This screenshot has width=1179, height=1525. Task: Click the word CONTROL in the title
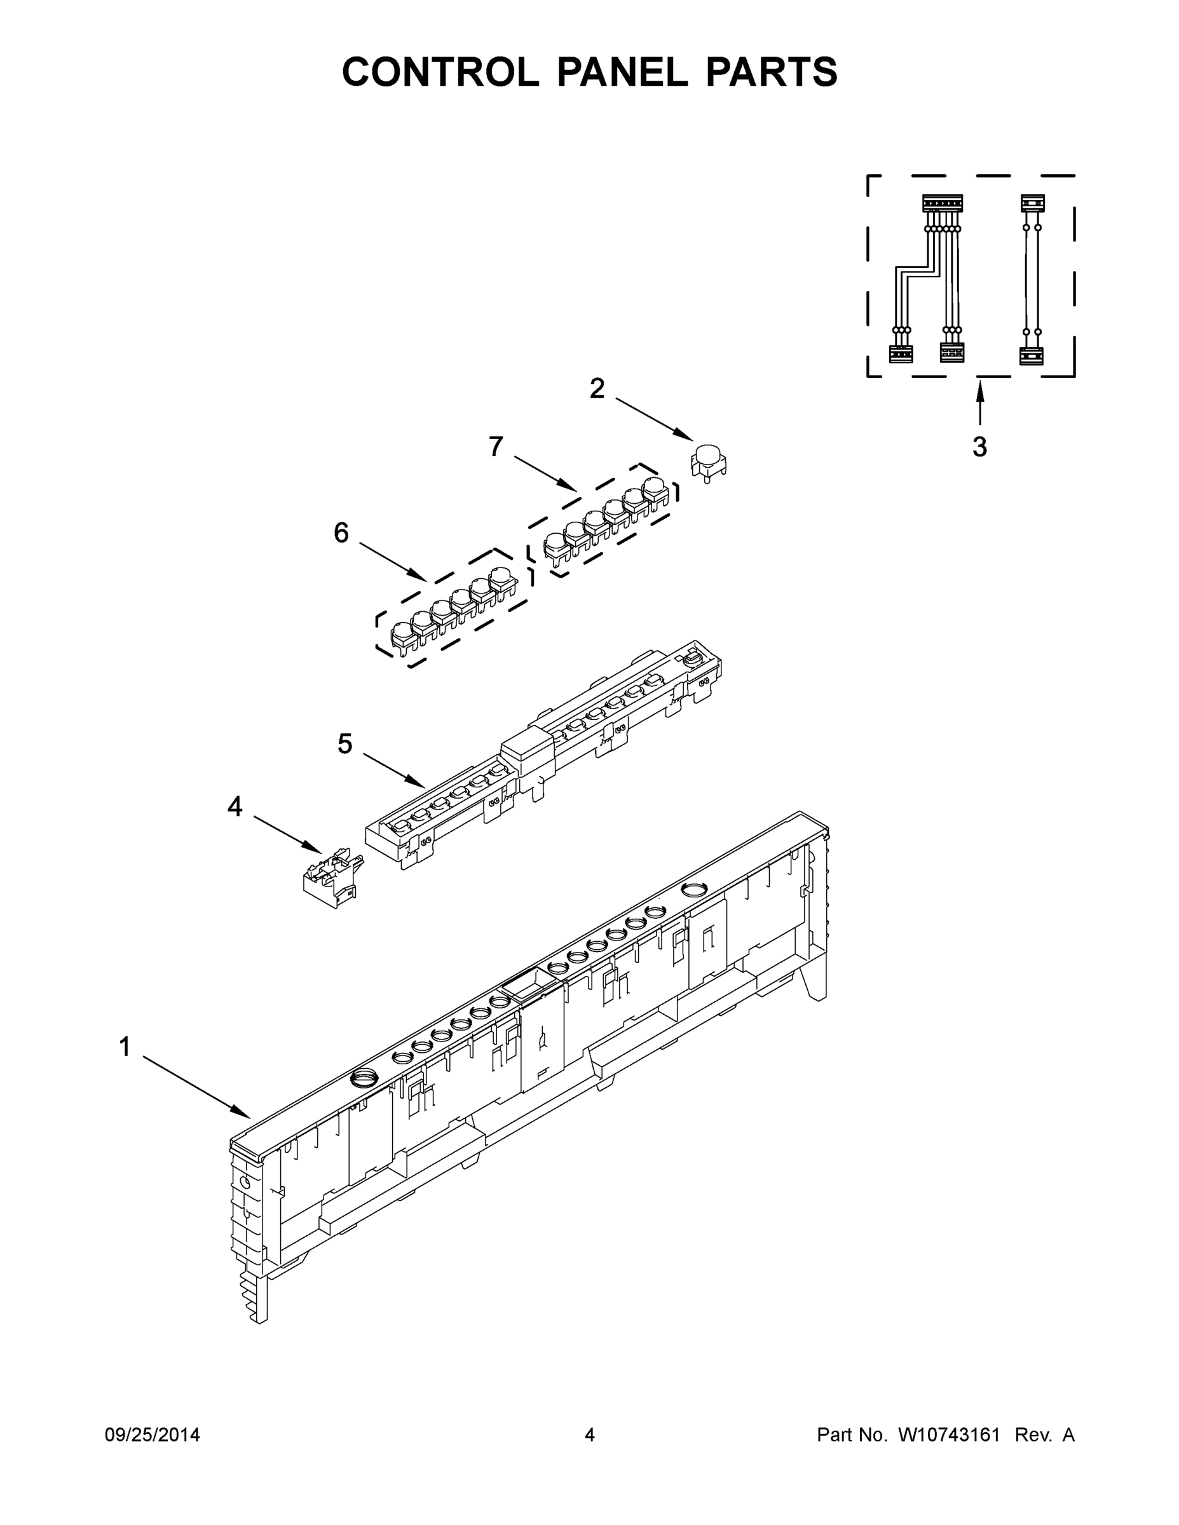click(440, 72)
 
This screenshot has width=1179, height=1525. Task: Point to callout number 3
click(979, 447)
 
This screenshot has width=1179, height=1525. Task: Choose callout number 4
click(235, 807)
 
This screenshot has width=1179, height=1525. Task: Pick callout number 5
click(344, 744)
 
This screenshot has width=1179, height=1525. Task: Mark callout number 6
click(341, 534)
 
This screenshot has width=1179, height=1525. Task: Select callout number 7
click(496, 447)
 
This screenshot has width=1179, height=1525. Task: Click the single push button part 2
click(708, 459)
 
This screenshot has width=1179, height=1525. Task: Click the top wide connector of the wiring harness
click(942, 203)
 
